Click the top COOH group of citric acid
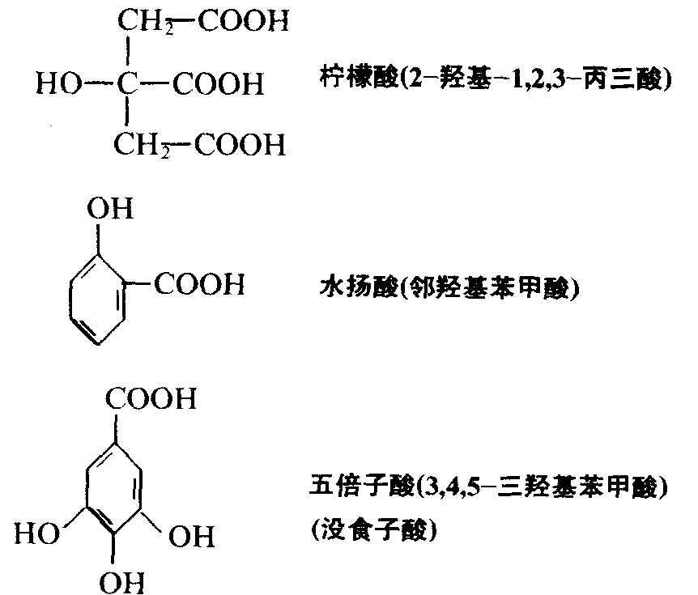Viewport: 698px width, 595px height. (x=244, y=22)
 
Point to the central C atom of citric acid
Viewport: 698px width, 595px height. (x=128, y=83)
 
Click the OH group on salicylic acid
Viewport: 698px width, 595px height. (x=111, y=210)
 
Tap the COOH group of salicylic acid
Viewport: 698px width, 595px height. (x=198, y=285)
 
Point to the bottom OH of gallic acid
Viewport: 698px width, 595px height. (x=120, y=582)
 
